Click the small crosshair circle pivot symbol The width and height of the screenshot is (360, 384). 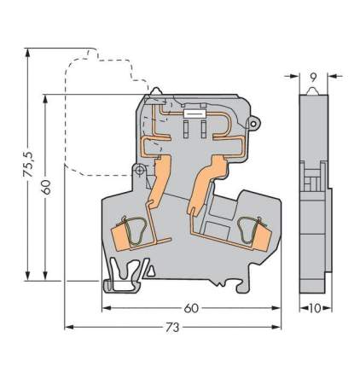(x=140, y=170)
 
